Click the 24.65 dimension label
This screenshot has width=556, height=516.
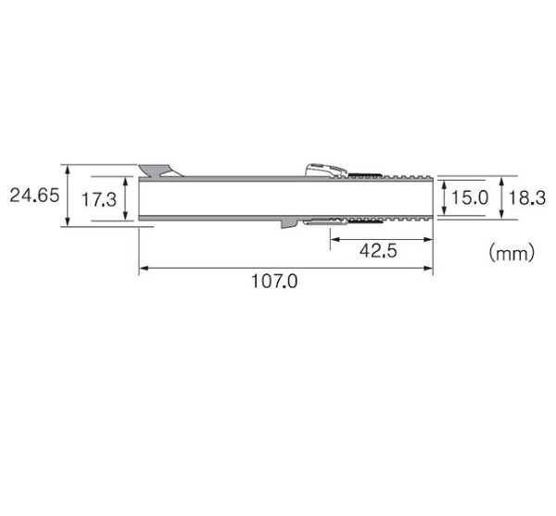pos(34,195)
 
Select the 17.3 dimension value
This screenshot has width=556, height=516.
pos(99,199)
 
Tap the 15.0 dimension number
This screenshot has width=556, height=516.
pos(470,197)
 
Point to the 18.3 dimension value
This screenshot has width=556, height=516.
pos(527,197)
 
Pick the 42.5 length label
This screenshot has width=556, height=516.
pos(378,251)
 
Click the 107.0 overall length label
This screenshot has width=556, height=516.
pos(274,282)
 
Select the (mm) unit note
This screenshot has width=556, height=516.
pos(512,253)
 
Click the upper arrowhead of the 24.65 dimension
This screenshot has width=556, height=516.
pos(68,170)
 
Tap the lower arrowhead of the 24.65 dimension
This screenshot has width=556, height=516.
pos(68,221)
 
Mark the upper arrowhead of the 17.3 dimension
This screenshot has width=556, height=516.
pos(125,181)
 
